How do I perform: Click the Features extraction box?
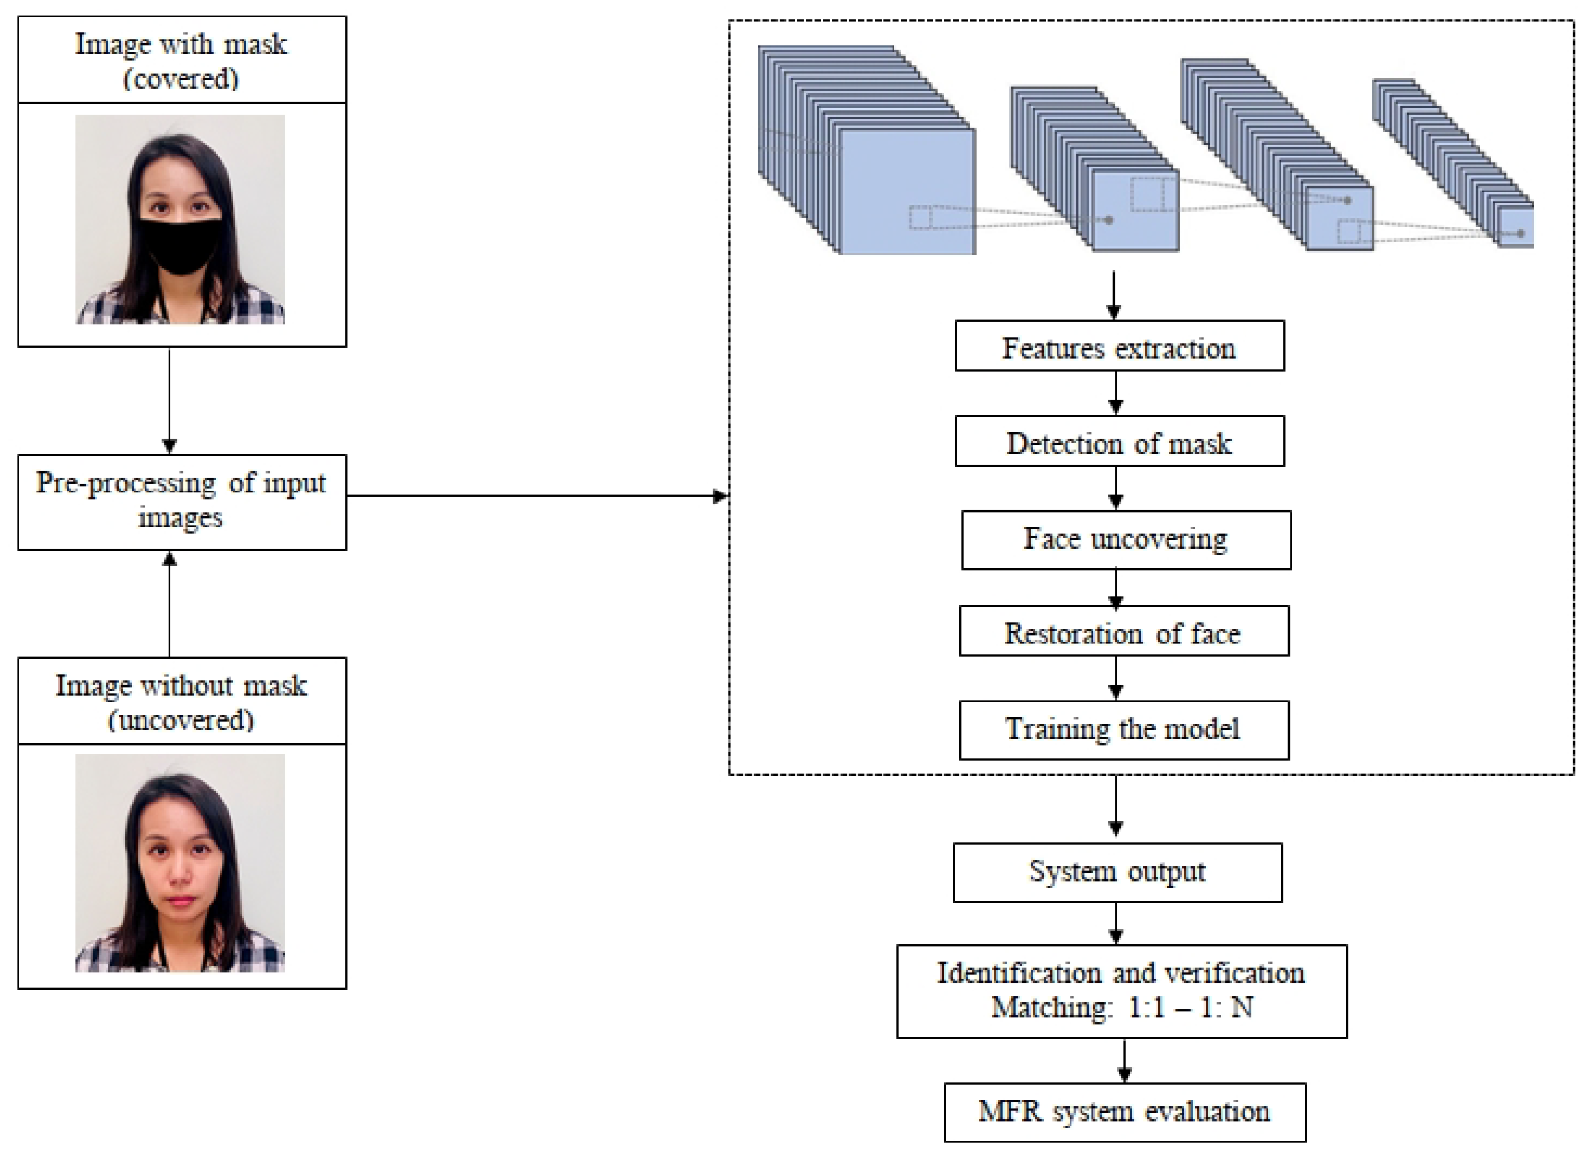(x=1119, y=346)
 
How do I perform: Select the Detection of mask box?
(x=1119, y=441)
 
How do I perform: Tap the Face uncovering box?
(x=1125, y=540)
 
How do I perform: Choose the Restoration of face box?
(x=1123, y=631)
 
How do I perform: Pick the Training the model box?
(x=1123, y=730)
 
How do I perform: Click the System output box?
(x=1117, y=872)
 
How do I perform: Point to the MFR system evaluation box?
(x=1125, y=1112)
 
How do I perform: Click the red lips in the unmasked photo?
(x=180, y=901)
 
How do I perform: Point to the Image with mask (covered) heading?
(x=181, y=60)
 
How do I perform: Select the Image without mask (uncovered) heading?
(x=181, y=701)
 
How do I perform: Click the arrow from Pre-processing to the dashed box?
(x=537, y=496)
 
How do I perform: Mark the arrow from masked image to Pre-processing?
(x=169, y=400)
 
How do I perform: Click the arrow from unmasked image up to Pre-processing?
(x=169, y=603)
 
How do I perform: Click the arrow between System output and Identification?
(x=1116, y=923)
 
